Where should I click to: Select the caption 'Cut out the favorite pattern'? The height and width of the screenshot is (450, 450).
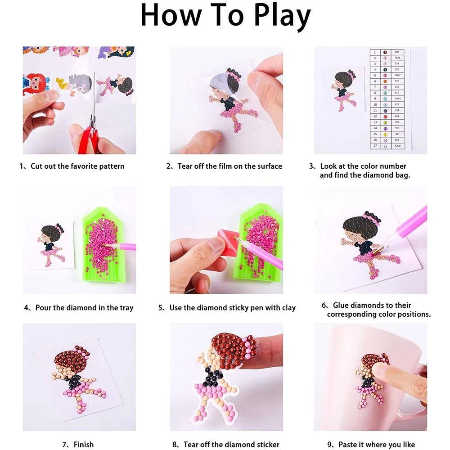coord(77,166)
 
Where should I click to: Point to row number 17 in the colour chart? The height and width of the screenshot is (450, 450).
coord(374,146)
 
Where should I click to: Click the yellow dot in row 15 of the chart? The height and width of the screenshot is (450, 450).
coord(385,134)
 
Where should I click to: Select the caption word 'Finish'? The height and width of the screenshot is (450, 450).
coord(83,445)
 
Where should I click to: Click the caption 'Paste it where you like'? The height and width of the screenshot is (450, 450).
coord(377,445)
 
